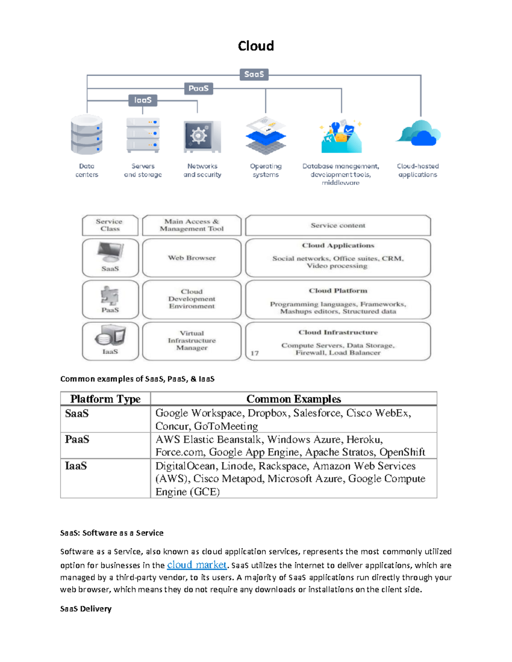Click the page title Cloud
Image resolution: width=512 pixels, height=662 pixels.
tap(256, 46)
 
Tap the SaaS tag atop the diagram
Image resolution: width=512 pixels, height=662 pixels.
tap(254, 74)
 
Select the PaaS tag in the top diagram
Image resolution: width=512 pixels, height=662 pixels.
tap(198, 88)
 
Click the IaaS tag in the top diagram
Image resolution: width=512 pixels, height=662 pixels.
tap(143, 100)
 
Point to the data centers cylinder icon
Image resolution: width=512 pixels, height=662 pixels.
tap(87, 135)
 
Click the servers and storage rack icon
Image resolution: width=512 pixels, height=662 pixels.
tap(143, 135)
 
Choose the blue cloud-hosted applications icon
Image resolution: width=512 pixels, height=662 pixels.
tap(419, 133)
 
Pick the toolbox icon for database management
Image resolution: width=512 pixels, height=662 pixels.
tap(341, 137)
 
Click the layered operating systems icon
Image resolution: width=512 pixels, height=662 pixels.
tap(266, 136)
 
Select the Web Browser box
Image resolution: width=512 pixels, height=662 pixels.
tap(192, 258)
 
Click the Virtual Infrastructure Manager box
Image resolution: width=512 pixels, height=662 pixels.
tap(192, 341)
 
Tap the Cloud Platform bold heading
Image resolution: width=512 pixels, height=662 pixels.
tap(338, 291)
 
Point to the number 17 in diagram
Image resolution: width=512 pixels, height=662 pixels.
tap(255, 353)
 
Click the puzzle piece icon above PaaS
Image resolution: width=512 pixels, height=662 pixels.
tap(110, 295)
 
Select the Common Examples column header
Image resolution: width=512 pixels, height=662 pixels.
tap(294, 399)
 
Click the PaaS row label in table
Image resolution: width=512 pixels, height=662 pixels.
tap(77, 439)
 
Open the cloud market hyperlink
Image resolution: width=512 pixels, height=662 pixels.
tap(197, 565)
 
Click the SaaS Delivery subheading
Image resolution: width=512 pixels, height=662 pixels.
tap(86, 609)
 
